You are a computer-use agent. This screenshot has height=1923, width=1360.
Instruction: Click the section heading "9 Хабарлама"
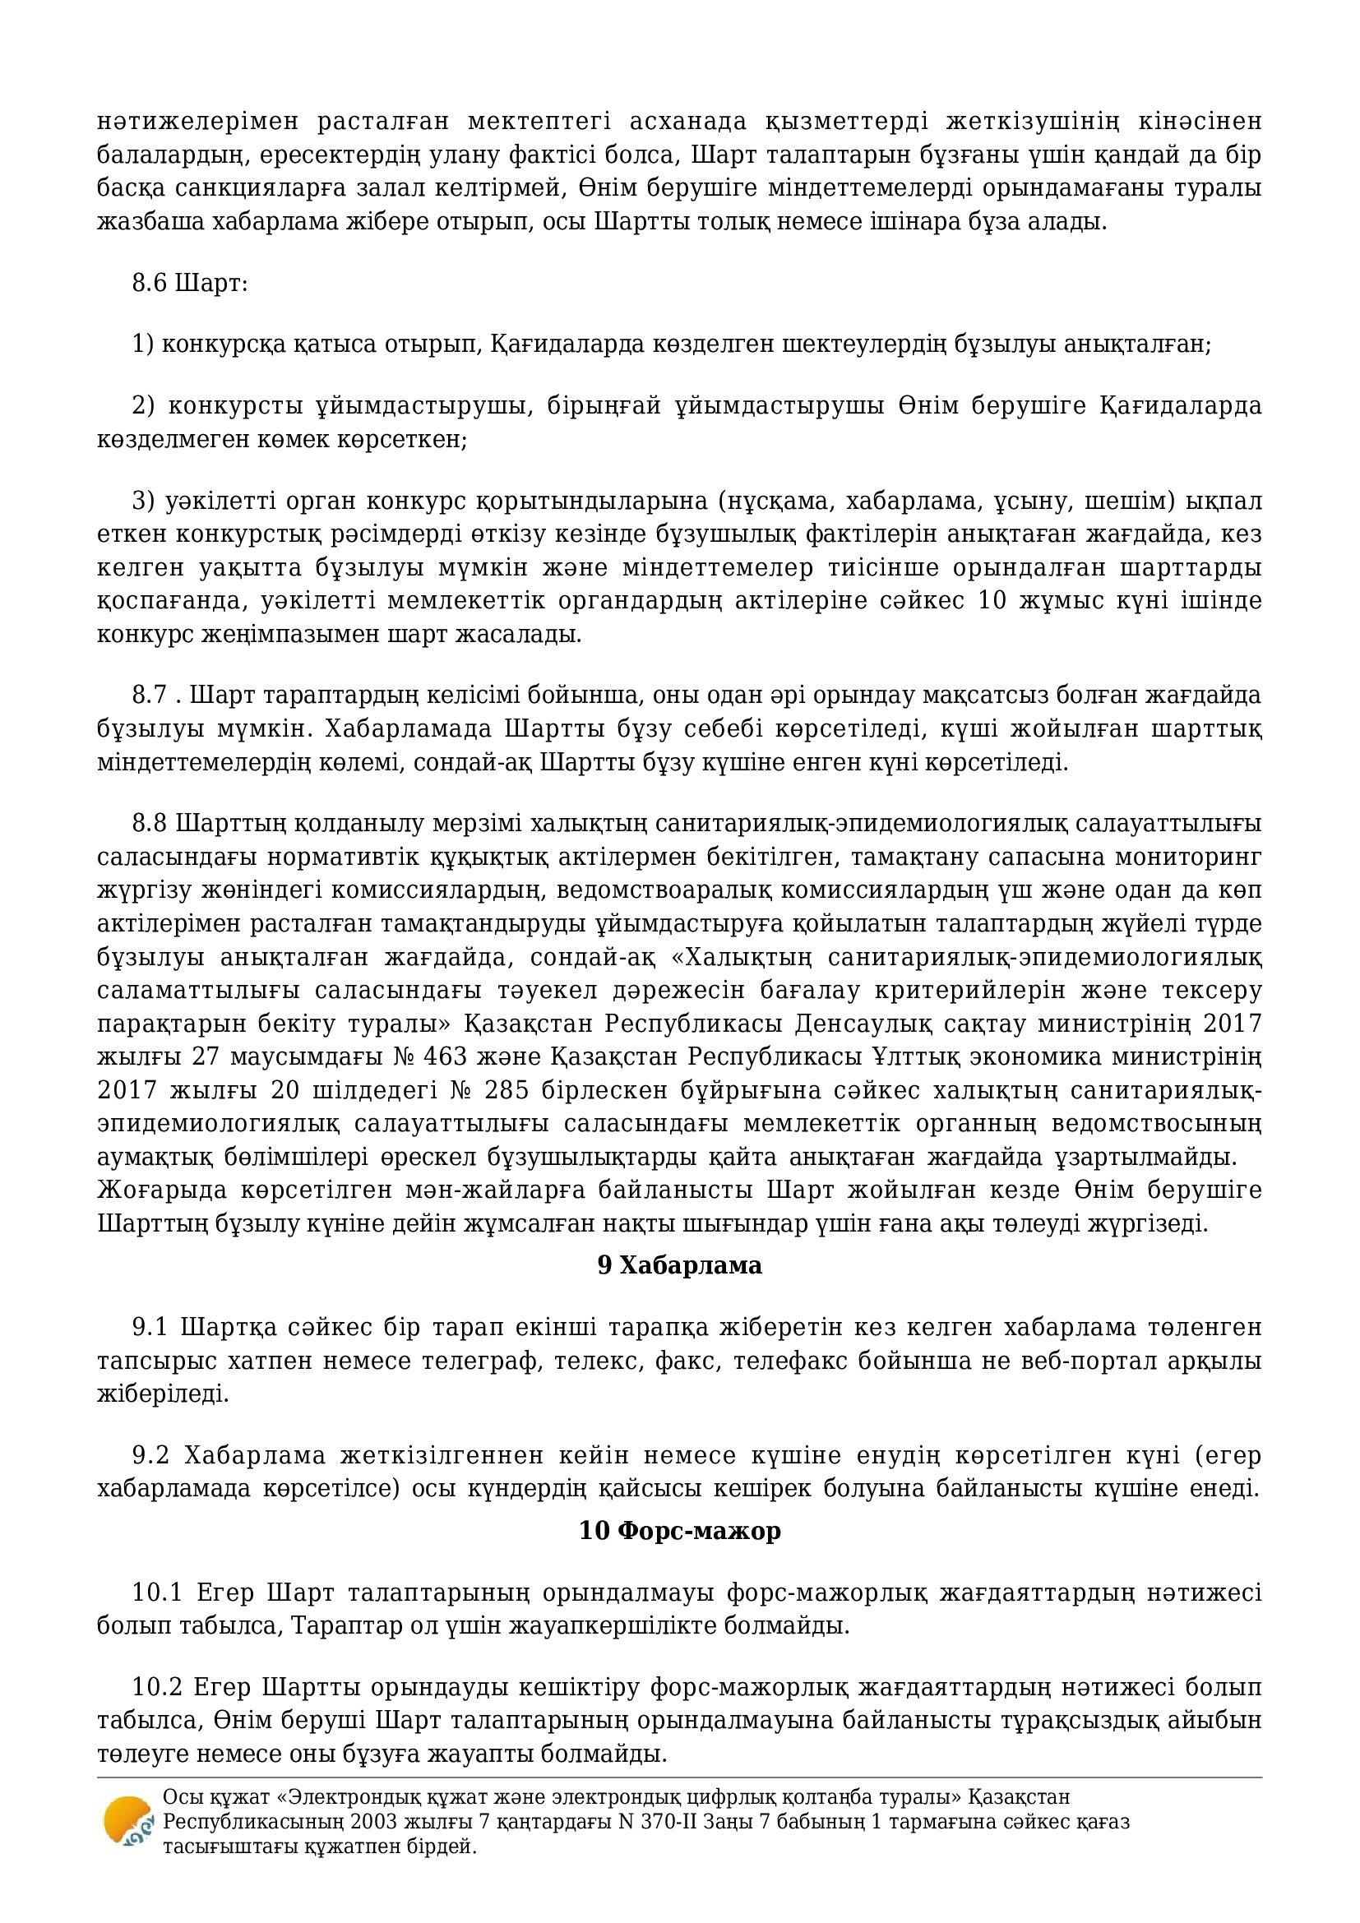point(679,1264)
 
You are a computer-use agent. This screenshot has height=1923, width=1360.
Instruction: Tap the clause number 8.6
point(150,283)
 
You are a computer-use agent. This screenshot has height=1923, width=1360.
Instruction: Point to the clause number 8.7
point(150,696)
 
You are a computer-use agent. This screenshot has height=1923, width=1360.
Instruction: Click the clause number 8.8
point(150,823)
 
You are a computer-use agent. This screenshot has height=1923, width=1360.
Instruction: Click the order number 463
point(349,1057)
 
